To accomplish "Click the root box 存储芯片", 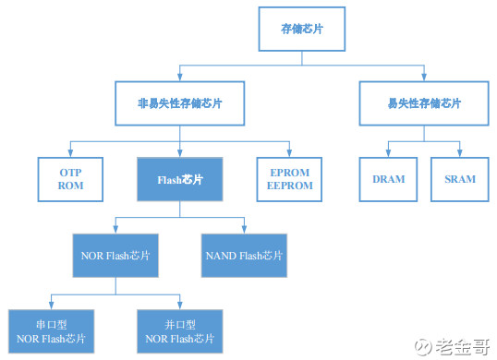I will coord(301,30).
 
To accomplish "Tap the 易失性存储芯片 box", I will coord(425,103).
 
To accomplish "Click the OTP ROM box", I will coord(71,178).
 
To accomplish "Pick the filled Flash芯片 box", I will coord(181,178).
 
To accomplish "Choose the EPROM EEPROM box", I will coord(289,178).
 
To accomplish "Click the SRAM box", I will coord(459,178).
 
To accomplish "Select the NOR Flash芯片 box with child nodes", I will coord(115,255).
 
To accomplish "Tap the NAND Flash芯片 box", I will coord(246,255).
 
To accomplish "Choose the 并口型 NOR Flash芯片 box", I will coord(181,332).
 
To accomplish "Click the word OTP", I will coord(71,172).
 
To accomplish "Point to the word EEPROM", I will coord(289,186).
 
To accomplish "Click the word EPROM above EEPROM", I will coord(289,172).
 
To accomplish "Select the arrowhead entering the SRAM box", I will coord(459,152).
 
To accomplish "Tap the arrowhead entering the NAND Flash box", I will coord(246,229).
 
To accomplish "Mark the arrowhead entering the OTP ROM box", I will coord(71,152).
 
